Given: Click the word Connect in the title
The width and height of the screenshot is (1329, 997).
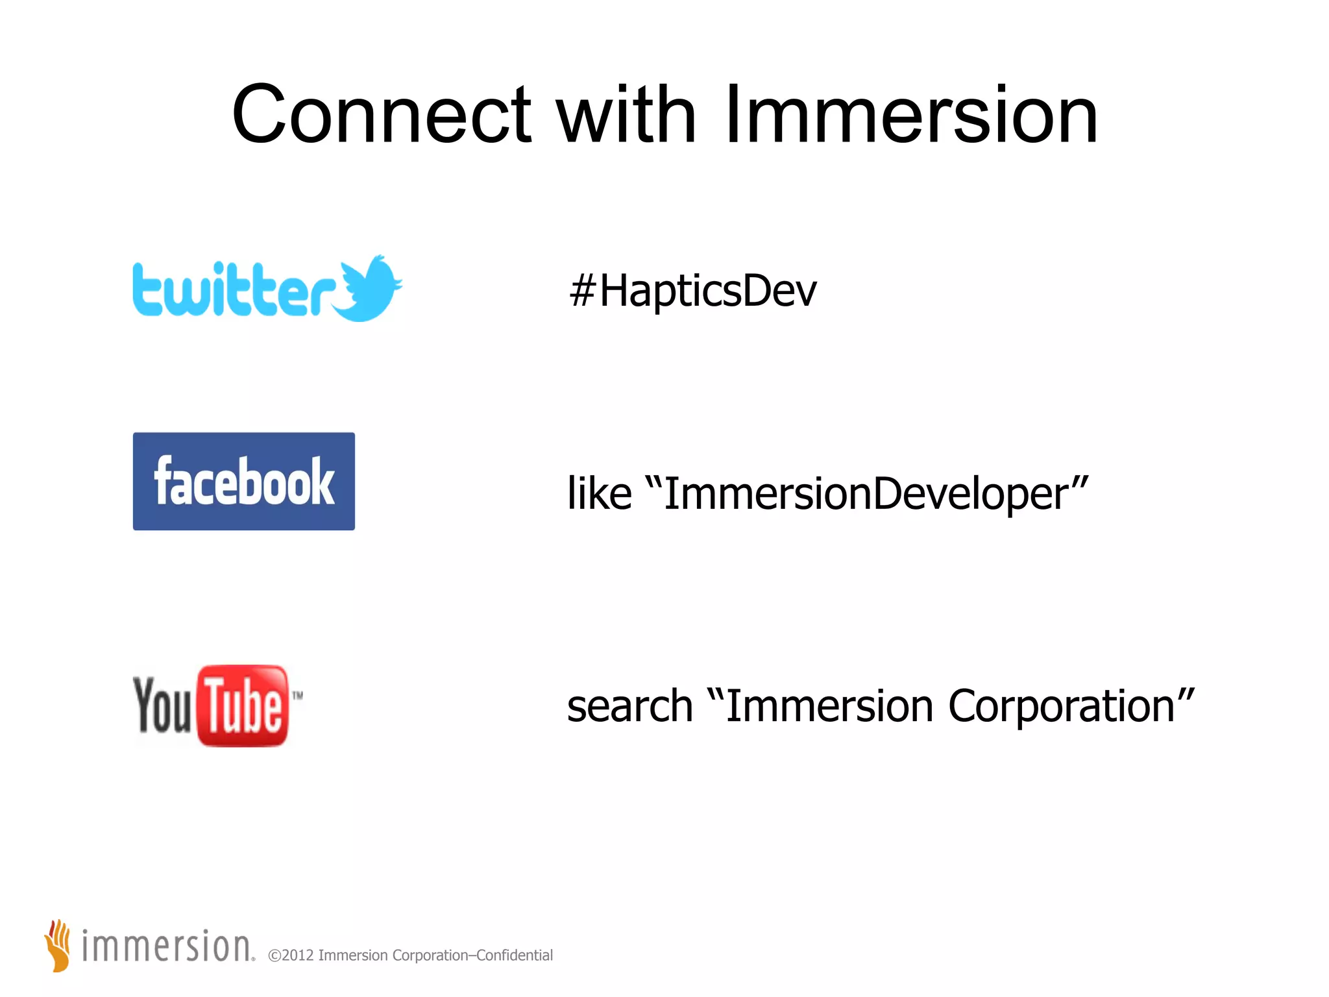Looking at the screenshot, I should pos(382,116).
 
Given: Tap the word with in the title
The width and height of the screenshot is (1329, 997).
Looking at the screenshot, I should pos(627,116).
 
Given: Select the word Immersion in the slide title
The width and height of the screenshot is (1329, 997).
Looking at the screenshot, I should pos(910,116).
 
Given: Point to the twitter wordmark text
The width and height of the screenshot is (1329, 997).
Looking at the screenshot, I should pos(234,290).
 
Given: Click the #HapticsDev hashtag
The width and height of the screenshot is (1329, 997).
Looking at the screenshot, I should pos(692,291).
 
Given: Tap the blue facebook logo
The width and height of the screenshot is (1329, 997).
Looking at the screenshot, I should pos(243,481).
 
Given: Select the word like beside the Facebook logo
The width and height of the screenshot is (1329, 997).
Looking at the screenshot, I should pos(599,493).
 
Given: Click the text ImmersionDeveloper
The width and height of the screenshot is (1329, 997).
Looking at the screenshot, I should pos(866,493).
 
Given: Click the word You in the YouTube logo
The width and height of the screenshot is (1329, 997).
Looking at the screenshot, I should pos(162,706).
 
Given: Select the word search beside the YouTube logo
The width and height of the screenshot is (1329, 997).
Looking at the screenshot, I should pos(629,706).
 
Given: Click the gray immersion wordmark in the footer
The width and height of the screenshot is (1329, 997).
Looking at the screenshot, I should pos(166,946).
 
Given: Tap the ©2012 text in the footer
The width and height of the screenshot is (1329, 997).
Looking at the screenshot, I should pos(291,955).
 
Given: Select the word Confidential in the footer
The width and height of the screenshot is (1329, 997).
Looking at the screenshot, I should pos(515,955).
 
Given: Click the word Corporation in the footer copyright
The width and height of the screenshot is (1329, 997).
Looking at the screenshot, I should pos(430,955).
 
